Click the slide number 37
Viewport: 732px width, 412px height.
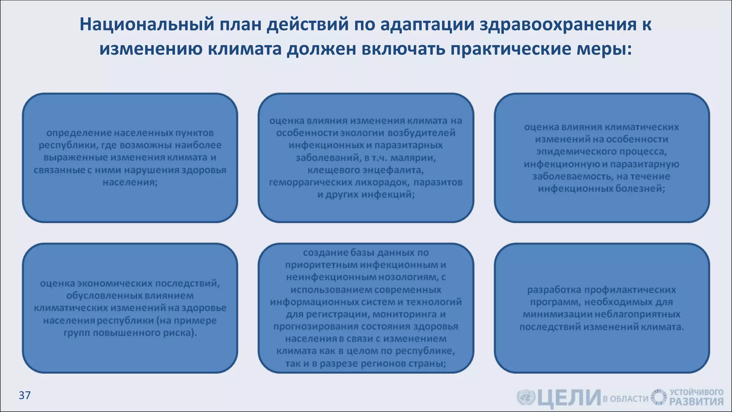click(x=24, y=395)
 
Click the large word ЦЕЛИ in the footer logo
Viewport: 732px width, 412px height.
click(x=569, y=398)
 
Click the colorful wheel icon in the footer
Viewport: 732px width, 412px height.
click(x=658, y=397)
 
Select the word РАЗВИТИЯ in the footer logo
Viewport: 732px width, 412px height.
click(x=696, y=402)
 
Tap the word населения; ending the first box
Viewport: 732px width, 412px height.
click(x=130, y=182)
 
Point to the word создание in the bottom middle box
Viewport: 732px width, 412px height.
click(x=325, y=252)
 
